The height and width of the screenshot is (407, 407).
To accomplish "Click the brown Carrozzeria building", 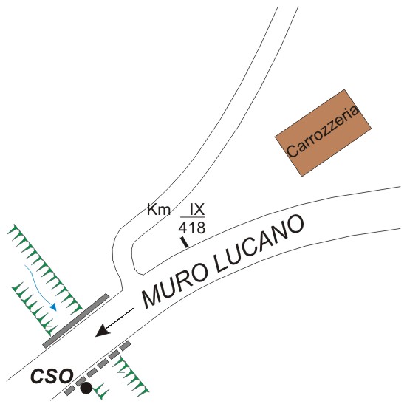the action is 323,133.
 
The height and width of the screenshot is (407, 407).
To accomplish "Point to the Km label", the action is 159,209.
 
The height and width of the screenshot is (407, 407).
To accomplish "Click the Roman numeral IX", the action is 197,209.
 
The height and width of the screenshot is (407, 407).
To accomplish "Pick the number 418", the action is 192,228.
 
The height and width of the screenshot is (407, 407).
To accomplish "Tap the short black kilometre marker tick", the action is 185,242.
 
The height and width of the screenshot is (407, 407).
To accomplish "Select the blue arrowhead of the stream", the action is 53,307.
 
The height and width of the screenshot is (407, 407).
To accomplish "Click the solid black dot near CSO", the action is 86,388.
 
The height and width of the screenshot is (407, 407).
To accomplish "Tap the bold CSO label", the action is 52,376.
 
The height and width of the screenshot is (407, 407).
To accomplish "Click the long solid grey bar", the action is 76,321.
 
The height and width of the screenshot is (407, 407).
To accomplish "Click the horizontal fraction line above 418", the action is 193,217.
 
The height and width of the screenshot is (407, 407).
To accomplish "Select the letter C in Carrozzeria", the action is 293,151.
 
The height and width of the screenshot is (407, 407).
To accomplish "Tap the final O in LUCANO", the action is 294,225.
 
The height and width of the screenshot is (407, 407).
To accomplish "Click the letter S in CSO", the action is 52,376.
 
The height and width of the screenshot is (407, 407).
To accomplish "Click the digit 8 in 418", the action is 201,228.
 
